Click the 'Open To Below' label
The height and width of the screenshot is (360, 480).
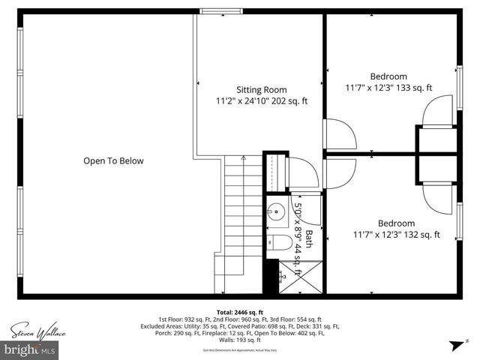pos(113,160)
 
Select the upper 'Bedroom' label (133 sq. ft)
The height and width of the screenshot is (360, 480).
pos(388,76)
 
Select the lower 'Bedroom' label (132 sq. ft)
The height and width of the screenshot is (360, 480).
pos(395,223)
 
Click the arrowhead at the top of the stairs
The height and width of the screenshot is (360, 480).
pos(243,158)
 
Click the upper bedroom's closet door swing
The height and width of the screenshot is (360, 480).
pos(437,112)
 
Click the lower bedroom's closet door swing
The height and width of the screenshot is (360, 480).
pos(437,193)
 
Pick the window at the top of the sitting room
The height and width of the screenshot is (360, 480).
pos(220,11)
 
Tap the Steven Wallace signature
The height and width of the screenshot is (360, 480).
pos(38,331)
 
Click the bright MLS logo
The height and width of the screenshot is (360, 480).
pos(30,349)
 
